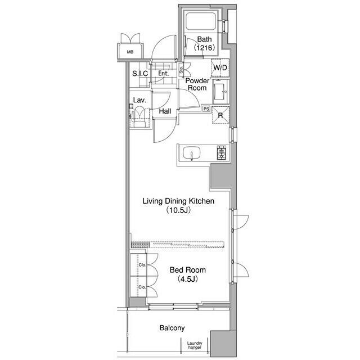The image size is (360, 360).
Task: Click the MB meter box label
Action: click(130, 52)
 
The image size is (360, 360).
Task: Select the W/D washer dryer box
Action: click(219, 69)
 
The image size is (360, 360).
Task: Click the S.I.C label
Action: click(139, 74)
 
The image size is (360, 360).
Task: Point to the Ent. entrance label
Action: click(164, 74)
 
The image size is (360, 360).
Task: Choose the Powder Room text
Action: click(197, 84)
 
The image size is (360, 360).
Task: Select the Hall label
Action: click(165, 111)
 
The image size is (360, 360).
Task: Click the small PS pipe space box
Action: click(206, 109)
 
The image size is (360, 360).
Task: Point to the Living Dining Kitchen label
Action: click(178, 201)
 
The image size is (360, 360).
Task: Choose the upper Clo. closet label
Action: click(142, 265)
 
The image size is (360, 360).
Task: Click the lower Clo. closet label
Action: click(142, 287)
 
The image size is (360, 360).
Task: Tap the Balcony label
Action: click(172, 328)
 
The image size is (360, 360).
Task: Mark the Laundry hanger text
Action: click(195, 345)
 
